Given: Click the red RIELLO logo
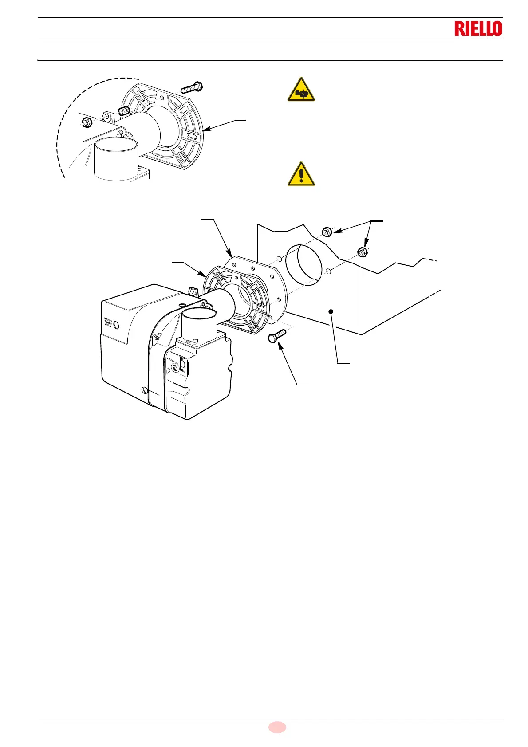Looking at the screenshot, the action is pyautogui.click(x=478, y=29).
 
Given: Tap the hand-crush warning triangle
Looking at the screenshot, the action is pyautogui.click(x=301, y=90).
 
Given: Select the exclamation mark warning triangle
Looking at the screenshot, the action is pyautogui.click(x=301, y=174).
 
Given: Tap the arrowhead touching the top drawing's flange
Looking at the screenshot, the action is pyautogui.click(x=205, y=129).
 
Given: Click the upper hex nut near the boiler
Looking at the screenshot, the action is pyautogui.click(x=327, y=232).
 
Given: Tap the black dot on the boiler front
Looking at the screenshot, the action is pyautogui.click(x=331, y=312).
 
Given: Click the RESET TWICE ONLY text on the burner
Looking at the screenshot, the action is pyautogui.click(x=108, y=322).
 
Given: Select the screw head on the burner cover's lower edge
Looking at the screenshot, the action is pyautogui.click(x=143, y=390).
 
